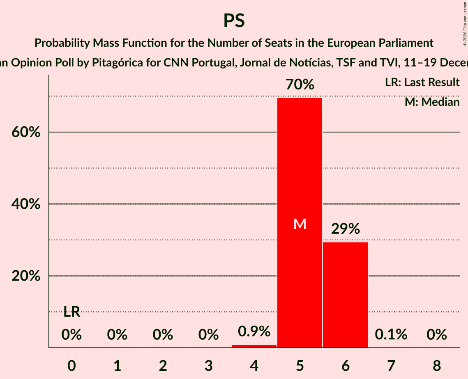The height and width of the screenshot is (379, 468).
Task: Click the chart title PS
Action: [234, 21]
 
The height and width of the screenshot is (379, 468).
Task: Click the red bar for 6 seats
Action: [345, 295]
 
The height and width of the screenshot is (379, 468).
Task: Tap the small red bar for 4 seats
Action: [254, 346]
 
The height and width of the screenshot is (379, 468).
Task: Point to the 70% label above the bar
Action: [300, 85]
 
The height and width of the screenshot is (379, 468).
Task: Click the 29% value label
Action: [345, 229]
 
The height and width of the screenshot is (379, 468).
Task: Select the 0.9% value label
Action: [254, 331]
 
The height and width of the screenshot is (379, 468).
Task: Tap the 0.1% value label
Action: [391, 335]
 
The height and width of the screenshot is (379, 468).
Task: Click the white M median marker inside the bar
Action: [300, 224]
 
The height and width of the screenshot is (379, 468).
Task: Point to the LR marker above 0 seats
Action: [71, 312]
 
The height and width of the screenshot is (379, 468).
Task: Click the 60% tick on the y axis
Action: [26, 132]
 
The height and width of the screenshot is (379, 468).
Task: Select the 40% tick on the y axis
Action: [26, 204]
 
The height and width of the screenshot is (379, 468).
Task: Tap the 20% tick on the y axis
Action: [26, 276]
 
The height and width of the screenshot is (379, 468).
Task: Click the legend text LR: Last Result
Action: [422, 82]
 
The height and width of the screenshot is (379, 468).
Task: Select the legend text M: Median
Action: [432, 102]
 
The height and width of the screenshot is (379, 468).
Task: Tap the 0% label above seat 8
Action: [436, 335]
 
